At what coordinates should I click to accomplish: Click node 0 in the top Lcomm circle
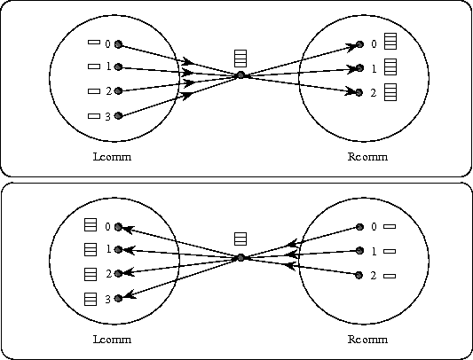click(119, 44)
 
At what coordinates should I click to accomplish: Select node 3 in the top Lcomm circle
click(119, 115)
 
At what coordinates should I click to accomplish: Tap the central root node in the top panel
click(240, 75)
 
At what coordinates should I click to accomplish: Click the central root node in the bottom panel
click(240, 258)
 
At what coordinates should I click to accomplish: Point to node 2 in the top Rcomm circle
click(359, 92)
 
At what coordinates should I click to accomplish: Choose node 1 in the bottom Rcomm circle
click(359, 250)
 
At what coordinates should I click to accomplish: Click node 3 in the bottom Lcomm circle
click(119, 298)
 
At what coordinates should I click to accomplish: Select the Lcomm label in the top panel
click(112, 157)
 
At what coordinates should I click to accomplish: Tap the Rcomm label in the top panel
click(367, 157)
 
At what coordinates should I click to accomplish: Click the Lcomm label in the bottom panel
click(112, 340)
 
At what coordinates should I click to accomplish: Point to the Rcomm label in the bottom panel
click(367, 340)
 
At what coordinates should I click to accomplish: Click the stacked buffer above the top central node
click(240, 59)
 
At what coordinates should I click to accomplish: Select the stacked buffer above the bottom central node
click(240, 239)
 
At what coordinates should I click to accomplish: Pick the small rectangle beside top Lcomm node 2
click(94, 91)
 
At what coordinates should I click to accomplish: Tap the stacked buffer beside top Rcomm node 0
click(390, 42)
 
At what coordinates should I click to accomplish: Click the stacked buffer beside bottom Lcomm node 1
click(91, 250)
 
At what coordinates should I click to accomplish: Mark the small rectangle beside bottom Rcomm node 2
click(390, 276)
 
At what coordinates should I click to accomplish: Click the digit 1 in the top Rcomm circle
click(374, 69)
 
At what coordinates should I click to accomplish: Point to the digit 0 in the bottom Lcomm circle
click(107, 227)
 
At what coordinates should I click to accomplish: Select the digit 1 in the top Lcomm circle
click(108, 67)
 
